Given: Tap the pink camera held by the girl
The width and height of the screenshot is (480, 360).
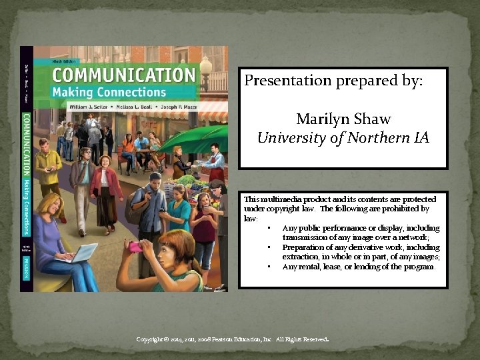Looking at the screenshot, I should pos(135,247).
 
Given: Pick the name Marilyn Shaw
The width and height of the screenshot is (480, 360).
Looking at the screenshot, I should pos(343,119).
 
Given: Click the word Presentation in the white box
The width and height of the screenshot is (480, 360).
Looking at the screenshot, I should pos(287,81).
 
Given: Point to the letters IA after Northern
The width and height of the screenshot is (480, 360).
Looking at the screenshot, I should pos(421,138).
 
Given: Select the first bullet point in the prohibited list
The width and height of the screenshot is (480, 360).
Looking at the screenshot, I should pos(268,229).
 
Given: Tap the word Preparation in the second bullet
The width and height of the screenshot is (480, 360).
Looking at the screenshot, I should pos(304,247).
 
